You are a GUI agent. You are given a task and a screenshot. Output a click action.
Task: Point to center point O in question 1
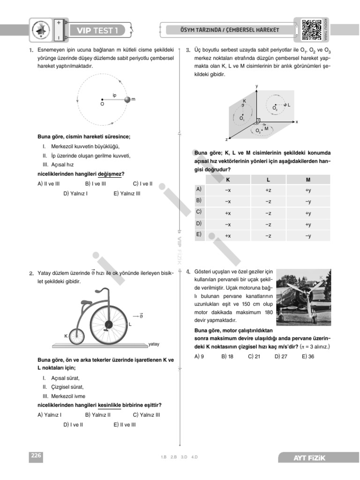[102, 100]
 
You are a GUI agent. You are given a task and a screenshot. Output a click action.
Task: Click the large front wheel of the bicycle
[108, 324]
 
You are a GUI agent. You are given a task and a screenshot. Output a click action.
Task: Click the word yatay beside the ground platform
[154, 344]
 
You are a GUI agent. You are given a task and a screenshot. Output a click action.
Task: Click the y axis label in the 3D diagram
[257, 86]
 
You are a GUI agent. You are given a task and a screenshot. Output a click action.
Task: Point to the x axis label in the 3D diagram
[297, 122]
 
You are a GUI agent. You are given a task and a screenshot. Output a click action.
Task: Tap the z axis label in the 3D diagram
[226, 140]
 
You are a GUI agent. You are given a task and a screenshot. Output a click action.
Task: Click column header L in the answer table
[268, 180]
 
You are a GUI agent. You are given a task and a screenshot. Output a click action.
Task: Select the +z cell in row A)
[268, 190]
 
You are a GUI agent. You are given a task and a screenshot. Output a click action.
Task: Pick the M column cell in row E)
[308, 236]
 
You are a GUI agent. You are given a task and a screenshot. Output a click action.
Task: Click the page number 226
[36, 455]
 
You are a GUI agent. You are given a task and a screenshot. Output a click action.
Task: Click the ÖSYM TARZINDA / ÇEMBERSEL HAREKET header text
[230, 30]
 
